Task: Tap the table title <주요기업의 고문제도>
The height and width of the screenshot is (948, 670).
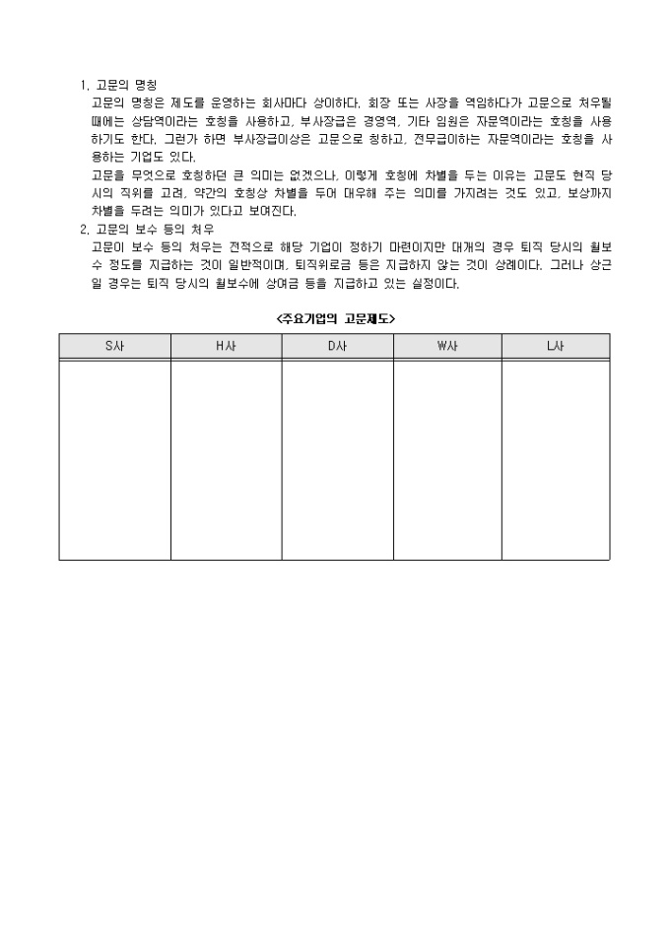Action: coord(336,317)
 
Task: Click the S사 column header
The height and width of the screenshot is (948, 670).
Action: coord(114,346)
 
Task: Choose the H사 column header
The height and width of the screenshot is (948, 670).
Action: coord(226,346)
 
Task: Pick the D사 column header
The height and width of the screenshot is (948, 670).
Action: coord(337,346)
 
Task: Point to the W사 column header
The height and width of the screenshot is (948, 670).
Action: coord(447,346)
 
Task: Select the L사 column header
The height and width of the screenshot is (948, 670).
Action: coord(556,346)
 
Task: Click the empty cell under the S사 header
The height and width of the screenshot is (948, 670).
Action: coord(114,459)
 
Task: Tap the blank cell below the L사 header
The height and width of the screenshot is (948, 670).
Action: coord(556,459)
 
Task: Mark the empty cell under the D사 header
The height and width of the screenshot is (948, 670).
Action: coord(337,459)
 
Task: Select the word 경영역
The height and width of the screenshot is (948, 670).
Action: coord(382,120)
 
